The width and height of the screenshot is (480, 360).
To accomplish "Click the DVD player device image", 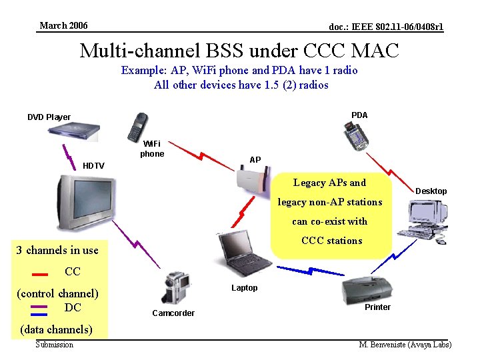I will click(75, 131).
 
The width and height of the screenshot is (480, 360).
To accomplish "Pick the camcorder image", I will click(175, 287).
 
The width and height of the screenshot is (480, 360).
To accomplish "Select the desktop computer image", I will click(427, 220).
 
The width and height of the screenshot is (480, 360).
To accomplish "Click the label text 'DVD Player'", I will click(49, 117).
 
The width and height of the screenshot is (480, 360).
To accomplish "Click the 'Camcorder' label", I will click(173, 313).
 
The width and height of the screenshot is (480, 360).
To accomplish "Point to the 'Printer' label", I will click(377, 307).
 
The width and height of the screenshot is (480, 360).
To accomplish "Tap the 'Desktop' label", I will click(431, 191).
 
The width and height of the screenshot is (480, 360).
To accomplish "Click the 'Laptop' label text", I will click(244, 288).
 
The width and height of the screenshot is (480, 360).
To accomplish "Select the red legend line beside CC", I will click(39, 273).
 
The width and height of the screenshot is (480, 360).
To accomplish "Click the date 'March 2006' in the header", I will click(63, 26).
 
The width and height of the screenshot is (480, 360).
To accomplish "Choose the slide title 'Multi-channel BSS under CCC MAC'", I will click(239, 50).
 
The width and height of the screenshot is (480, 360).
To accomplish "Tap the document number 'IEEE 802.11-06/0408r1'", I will click(386, 27).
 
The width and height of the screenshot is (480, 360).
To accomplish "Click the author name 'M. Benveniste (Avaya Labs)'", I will click(405, 345).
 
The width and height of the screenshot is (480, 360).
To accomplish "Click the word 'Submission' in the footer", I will click(55, 345).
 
